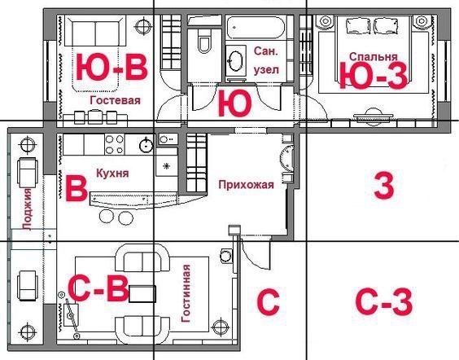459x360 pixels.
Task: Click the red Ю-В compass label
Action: (x=111, y=67)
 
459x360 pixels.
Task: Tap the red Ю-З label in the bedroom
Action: (x=373, y=76)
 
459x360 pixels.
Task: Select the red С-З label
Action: (x=384, y=301)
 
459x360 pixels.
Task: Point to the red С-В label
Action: (x=98, y=288)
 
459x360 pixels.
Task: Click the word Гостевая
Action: (x=115, y=100)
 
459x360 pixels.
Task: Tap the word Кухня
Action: (x=112, y=173)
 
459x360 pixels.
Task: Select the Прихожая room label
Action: (x=247, y=185)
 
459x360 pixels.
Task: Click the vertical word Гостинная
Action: (x=186, y=293)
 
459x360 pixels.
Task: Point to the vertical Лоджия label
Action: (x=27, y=209)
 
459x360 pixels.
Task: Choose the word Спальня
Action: (x=374, y=56)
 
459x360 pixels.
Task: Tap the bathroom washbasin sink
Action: (x=236, y=61)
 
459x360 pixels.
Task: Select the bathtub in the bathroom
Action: (x=256, y=28)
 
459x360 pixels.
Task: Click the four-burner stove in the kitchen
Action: (x=115, y=144)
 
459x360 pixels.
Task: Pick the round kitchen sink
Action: (x=146, y=145)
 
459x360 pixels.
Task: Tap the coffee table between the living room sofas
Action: (x=142, y=294)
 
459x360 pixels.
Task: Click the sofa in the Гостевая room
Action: (x=95, y=31)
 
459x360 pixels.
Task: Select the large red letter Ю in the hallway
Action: (x=234, y=103)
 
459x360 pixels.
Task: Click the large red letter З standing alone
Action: (x=384, y=186)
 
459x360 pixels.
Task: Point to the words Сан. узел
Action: (x=266, y=60)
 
